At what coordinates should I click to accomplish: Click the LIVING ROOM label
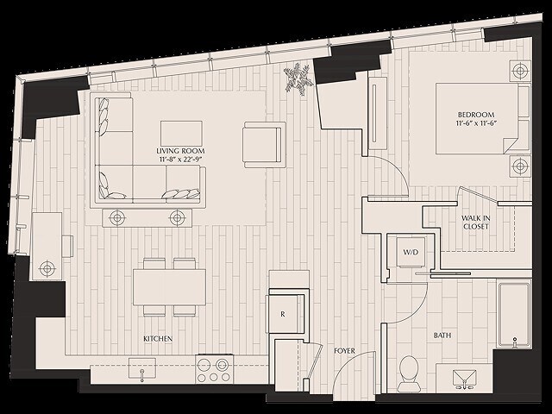(x=181, y=150)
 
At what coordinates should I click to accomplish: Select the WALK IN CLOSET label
(x=475, y=222)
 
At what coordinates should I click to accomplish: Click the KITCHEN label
(x=157, y=339)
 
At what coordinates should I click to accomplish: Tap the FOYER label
(x=345, y=351)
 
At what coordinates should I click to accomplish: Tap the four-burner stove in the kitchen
(x=211, y=370)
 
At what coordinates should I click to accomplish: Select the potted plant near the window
(x=299, y=78)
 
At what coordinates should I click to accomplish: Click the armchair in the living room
(x=263, y=143)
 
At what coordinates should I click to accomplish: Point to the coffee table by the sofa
(x=180, y=132)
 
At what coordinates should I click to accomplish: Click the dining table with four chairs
(x=169, y=286)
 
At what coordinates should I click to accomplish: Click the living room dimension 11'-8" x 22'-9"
(x=181, y=160)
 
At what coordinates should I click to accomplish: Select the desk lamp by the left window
(x=47, y=268)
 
